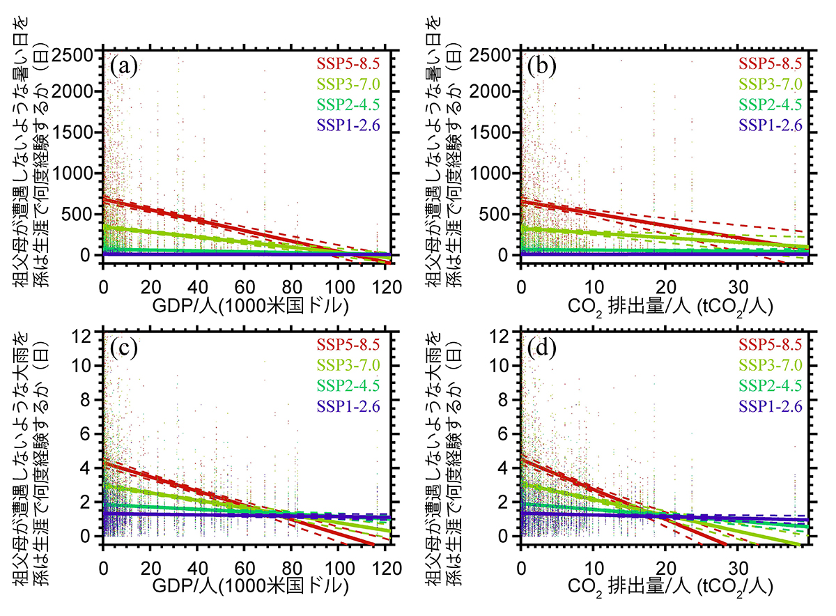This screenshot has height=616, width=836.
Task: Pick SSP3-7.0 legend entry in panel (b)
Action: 771,85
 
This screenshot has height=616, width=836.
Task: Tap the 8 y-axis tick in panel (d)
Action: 509,401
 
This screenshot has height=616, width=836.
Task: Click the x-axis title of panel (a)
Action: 244,307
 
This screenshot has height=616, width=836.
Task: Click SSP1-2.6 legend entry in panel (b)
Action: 771,126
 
